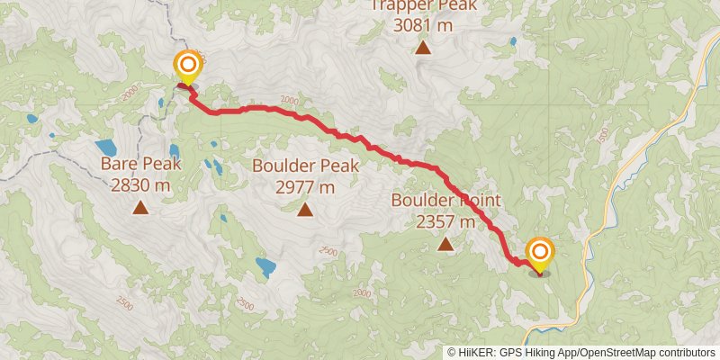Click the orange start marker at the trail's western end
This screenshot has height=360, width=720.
tap(187, 66)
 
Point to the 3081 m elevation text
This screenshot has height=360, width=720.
tap(422, 25)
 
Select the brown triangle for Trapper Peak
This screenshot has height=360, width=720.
tap(422, 48)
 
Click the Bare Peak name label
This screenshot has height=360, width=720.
tap(141, 165)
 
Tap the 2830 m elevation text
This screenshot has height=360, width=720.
tap(141, 185)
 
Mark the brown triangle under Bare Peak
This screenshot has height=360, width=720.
tap(141, 209)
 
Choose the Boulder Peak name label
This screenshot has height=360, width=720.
tap(305, 166)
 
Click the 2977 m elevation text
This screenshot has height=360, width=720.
tap(305, 187)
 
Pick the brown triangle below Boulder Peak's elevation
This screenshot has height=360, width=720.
tap(305, 211)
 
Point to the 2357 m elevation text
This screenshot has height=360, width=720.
tap(445, 220)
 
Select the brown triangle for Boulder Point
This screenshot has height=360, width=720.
tap(445, 243)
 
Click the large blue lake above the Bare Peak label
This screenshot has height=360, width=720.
tap(105, 146)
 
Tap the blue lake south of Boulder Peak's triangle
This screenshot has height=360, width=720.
tap(265, 266)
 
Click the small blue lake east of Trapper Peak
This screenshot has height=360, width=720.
tap(512, 41)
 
